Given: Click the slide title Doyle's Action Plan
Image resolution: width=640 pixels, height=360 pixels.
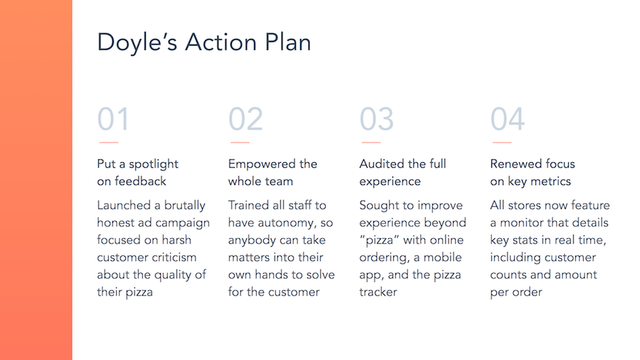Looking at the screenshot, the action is pyautogui.click(x=204, y=43).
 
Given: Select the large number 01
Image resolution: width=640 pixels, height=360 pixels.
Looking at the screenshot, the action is pyautogui.click(x=113, y=120).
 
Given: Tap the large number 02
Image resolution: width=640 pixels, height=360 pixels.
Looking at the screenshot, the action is pyautogui.click(x=245, y=120).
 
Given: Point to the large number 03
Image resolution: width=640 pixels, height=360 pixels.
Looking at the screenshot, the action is pyautogui.click(x=376, y=120).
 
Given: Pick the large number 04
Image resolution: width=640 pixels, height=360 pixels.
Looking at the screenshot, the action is pyautogui.click(x=507, y=120).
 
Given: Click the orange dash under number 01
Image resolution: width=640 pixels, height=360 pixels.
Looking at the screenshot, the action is pyautogui.click(x=109, y=142).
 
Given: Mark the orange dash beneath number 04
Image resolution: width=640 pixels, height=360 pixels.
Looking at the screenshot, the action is pyautogui.click(x=501, y=142).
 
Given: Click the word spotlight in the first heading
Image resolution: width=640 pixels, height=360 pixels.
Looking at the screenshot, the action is pyautogui.click(x=154, y=164).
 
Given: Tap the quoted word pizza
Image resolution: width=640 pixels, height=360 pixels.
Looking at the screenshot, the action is pyautogui.click(x=379, y=240).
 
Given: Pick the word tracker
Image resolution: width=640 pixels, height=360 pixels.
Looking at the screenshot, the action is pyautogui.click(x=378, y=292).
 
